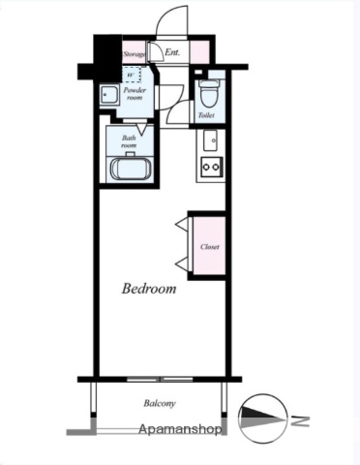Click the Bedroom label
[149, 289]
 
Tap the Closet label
[210, 247]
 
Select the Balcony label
[160, 403]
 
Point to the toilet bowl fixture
[208, 93]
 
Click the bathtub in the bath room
[131, 168]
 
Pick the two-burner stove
[212, 167]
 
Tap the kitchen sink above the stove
[210, 140]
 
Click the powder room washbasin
[108, 95]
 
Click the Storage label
[135, 54]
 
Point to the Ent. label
[172, 52]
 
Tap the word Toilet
[206, 115]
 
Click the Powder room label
[135, 94]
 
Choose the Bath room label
[129, 141]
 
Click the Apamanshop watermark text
[180, 429]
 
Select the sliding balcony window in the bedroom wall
[160, 379]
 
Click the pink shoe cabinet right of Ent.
[199, 51]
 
